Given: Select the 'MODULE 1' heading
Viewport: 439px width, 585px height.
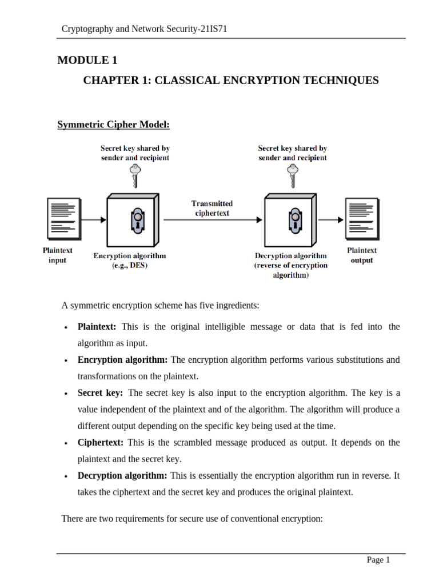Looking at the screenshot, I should (x=87, y=61).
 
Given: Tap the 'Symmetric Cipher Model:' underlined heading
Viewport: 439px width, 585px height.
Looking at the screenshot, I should (x=113, y=125).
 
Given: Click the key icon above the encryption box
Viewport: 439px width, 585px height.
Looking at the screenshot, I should (x=135, y=175).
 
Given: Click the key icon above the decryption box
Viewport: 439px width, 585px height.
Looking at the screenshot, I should (x=293, y=175).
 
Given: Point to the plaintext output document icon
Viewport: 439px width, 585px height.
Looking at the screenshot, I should (x=361, y=218).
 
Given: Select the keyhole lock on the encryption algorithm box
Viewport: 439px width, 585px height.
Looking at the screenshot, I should (x=138, y=219).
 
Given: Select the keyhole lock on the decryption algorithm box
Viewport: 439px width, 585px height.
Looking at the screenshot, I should (x=296, y=219).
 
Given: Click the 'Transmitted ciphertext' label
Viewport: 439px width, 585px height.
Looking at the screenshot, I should (x=212, y=208).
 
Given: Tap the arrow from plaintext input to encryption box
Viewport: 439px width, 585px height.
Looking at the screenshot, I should (x=94, y=219).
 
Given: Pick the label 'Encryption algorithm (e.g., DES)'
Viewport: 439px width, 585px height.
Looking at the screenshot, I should (x=130, y=261).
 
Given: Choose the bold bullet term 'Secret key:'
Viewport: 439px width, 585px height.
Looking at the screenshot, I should (x=100, y=393).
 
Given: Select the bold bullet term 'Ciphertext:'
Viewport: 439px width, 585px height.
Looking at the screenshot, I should (x=101, y=443).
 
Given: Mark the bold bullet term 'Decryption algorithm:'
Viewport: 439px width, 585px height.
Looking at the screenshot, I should (x=122, y=476).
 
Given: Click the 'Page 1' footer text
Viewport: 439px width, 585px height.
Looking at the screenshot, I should (x=378, y=560).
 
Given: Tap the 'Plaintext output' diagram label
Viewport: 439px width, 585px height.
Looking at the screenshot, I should (x=362, y=255).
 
